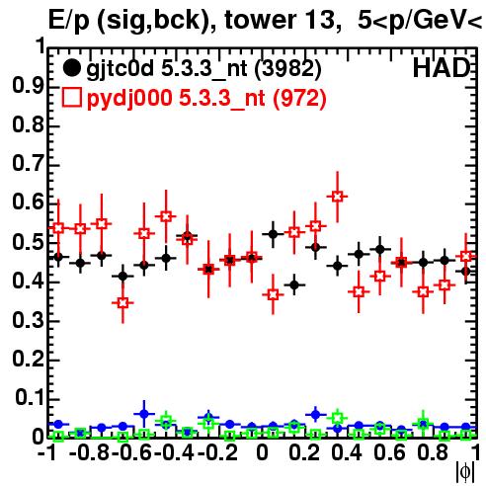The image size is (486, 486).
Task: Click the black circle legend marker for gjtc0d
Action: (71, 68)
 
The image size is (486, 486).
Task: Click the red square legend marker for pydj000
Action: (71, 98)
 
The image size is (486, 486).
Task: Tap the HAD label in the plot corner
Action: (442, 68)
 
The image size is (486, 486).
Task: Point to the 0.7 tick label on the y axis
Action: (28, 163)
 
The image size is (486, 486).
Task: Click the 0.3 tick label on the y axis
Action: (28, 320)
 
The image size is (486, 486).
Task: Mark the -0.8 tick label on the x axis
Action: (90, 452)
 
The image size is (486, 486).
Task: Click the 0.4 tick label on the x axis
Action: (347, 452)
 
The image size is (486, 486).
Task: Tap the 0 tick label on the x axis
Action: (262, 452)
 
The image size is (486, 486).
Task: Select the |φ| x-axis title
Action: (465, 472)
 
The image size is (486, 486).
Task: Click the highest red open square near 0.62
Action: (337, 197)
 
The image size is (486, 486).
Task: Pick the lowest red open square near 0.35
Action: (122, 303)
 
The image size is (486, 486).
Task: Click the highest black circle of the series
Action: (273, 234)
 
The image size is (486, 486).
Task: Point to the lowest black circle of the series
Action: (294, 284)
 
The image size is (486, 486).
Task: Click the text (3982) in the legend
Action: (288, 69)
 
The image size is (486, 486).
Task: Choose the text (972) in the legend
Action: (299, 98)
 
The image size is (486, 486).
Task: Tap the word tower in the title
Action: (260, 20)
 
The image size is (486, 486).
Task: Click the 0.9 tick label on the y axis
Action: (28, 85)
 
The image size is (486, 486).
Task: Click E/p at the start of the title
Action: (69, 21)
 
